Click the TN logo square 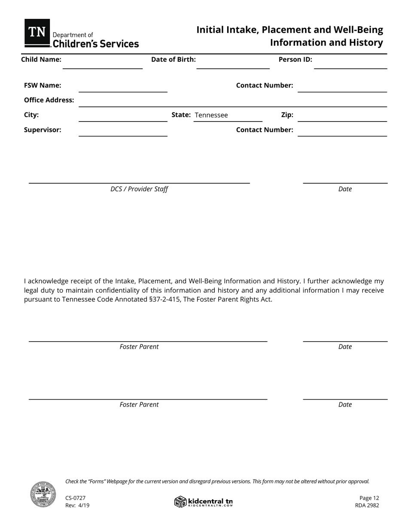coord(37,32)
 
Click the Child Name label coord(41,60)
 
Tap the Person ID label coord(295,60)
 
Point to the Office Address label coord(49,100)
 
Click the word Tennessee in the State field coord(211,115)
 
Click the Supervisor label coord(43,130)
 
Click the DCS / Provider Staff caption coord(139,189)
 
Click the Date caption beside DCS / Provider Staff coord(345,189)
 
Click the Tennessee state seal coord(43,494)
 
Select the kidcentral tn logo coord(204,502)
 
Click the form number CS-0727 coord(76,498)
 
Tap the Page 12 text coord(369,498)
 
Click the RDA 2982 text coord(367,505)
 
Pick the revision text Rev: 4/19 coord(77,505)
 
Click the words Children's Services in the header coord(95,44)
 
